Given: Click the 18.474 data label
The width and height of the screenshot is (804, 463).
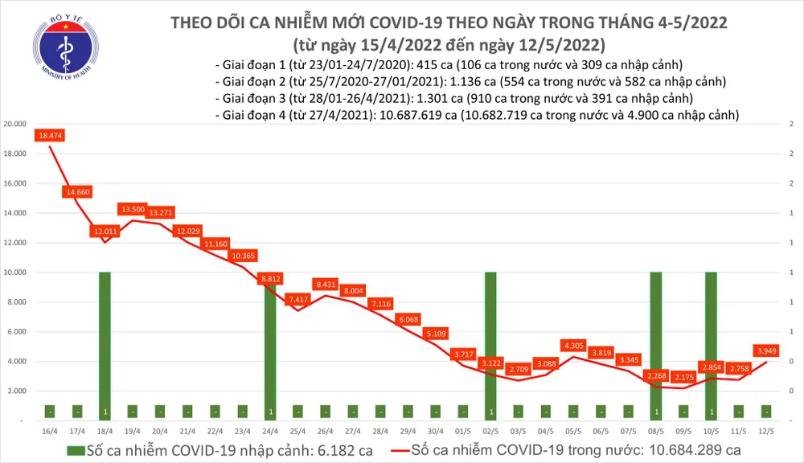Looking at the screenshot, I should click(50, 137).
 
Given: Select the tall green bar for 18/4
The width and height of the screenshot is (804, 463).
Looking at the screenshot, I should click(105, 346).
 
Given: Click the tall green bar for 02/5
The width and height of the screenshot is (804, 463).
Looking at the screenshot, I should click(490, 346).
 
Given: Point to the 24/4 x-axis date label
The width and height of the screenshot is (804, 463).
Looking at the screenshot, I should click(270, 431).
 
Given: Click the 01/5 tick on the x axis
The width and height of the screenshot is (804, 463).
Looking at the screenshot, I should click(463, 431).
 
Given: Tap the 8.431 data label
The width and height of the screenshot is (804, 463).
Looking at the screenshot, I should click(326, 285).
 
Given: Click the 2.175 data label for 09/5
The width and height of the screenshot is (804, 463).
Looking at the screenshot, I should click(685, 376).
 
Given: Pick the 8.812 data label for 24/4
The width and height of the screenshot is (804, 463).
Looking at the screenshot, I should click(270, 279).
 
